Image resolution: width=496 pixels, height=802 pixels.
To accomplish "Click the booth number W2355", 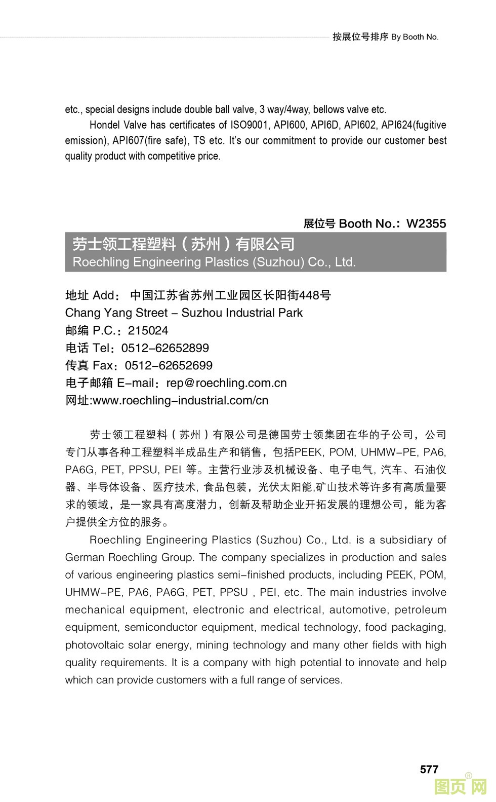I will pos(426,224).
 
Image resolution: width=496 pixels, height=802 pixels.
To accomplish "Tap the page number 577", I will pos(429,769).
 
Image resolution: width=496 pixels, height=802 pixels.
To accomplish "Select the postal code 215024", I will pos(148,331).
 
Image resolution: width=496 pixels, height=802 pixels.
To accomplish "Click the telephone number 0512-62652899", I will pos(165,348).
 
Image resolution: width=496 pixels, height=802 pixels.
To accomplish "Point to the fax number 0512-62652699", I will pos(169,366).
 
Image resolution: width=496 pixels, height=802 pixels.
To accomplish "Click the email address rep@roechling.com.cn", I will pos(226,383).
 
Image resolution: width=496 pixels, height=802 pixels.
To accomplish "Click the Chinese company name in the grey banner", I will pos(183,244).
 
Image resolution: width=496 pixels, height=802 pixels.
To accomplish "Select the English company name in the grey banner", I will pos(214,262).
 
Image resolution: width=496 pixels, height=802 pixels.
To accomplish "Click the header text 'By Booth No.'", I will pos(415,37).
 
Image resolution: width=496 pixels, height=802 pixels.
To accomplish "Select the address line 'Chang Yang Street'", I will pos(116,313).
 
